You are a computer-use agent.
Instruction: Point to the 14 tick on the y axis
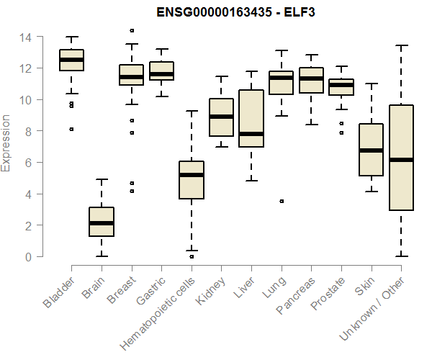coord(27,37)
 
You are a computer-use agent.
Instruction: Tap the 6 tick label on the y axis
coord(27,163)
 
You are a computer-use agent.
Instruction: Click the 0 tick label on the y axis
coord(27,257)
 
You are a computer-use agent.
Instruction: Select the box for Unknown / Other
coord(400,158)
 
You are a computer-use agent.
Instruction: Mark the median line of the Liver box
coord(251,134)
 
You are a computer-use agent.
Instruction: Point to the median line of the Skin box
coord(371,150)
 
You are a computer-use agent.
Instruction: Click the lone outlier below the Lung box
coord(282,202)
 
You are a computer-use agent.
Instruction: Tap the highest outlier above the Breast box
coord(132,30)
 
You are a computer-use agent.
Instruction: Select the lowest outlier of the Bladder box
coord(71,130)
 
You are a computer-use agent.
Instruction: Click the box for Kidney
coord(221,117)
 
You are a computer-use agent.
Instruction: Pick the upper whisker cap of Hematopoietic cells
coord(192,111)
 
